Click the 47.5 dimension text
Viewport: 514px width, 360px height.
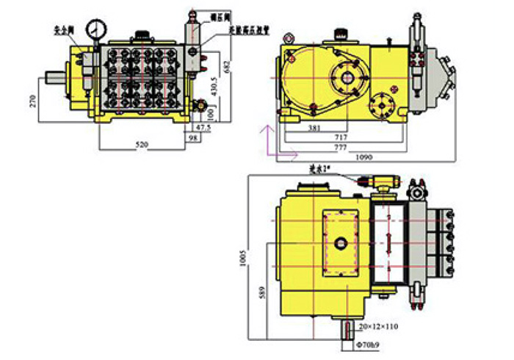(x=201, y=127)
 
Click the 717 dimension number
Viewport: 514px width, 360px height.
(x=339, y=137)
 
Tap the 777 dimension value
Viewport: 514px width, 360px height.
(x=339, y=147)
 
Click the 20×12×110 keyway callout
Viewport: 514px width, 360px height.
(x=379, y=325)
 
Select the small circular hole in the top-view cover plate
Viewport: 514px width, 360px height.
(x=342, y=243)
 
